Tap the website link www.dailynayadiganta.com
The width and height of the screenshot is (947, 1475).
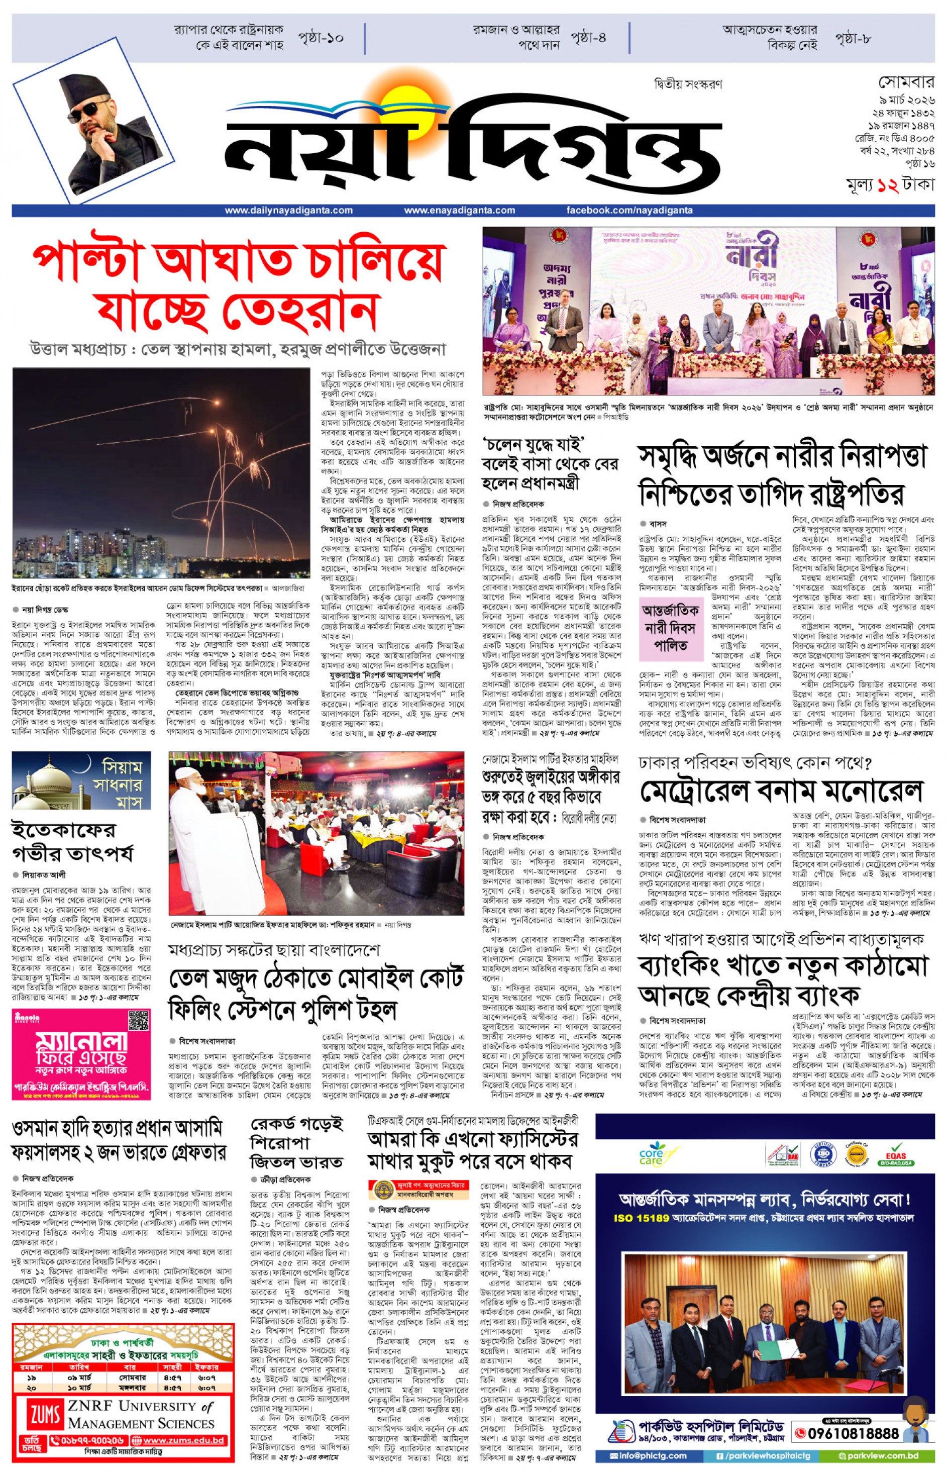(288, 211)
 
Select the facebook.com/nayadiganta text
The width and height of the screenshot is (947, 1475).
(629, 211)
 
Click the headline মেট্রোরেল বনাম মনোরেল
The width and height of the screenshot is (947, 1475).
(781, 791)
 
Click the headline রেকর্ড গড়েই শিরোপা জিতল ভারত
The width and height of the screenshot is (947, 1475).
(296, 1143)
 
